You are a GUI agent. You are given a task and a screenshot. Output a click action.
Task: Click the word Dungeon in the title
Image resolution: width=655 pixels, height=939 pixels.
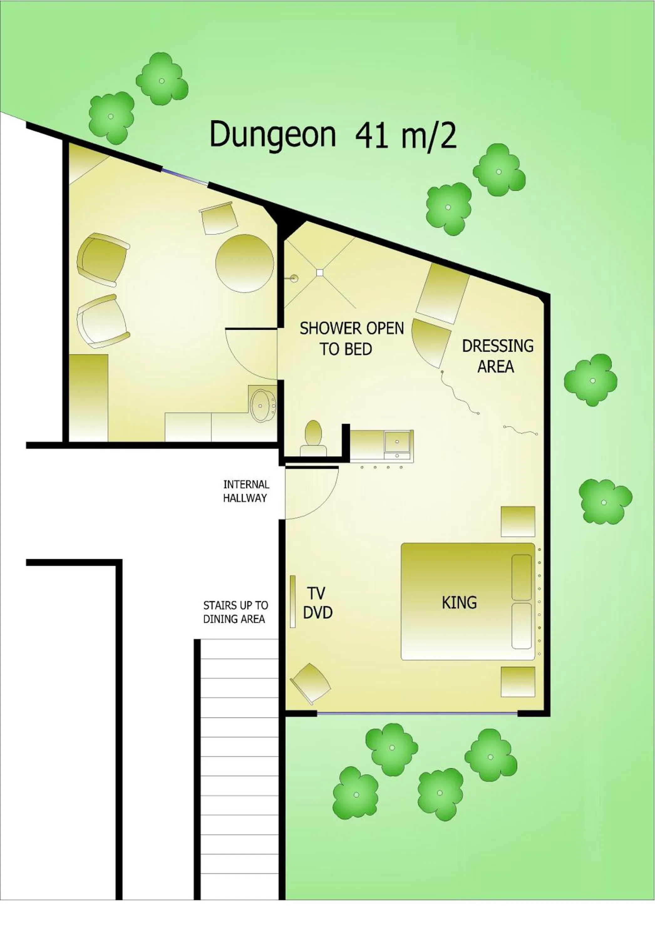pos(272,135)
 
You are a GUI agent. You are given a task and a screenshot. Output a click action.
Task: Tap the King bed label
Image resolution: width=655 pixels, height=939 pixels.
pos(459,603)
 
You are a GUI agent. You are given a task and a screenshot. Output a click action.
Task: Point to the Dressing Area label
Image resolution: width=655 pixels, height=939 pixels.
pos(497,356)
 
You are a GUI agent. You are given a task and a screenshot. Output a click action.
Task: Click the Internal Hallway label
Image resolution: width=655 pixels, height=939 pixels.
pos(246,491)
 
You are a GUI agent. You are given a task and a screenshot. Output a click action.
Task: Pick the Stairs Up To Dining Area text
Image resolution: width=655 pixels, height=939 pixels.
pos(235,612)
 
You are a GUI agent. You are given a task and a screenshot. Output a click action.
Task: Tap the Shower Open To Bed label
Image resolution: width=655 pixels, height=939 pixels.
pos(351,339)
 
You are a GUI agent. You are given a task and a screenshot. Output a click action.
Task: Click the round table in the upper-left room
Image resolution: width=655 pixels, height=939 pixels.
pos(244,263)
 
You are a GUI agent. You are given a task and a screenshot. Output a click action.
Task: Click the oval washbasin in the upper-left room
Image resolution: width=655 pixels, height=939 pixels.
pos(262,405)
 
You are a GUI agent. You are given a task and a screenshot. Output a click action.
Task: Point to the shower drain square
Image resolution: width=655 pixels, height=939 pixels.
pos(320,272)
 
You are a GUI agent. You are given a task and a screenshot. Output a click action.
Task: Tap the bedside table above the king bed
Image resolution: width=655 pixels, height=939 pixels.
pos(518,521)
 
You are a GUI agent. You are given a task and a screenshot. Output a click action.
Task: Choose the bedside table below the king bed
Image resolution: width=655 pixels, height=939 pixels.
pos(518,682)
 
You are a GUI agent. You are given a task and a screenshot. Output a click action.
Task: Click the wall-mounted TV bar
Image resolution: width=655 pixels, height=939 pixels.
pos(292,601)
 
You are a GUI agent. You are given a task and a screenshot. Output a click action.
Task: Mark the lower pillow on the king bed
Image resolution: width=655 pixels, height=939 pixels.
pos(522,626)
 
